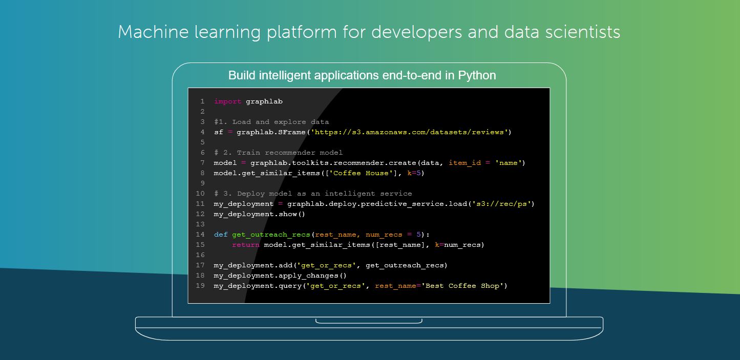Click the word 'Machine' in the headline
153,32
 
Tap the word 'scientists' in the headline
582,32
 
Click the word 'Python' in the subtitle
477,76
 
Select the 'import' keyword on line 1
227,101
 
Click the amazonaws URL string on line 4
409,132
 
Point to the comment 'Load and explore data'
281,122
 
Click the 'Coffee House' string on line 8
363,173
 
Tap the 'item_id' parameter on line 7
464,163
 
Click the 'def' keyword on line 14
221,235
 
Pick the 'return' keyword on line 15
245,245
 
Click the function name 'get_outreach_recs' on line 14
271,235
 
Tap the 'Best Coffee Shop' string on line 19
462,286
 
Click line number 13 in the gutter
200,224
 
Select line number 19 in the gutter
200,286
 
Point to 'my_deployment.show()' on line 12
259,214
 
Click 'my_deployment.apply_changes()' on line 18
280,276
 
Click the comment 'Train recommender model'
290,153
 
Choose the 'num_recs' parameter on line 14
384,235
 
